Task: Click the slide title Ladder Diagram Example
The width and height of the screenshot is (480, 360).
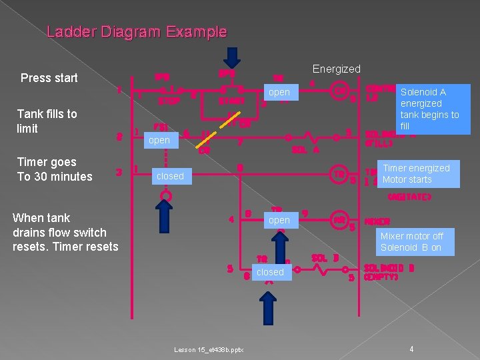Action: click(x=137, y=31)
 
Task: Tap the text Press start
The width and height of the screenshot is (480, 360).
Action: click(x=49, y=78)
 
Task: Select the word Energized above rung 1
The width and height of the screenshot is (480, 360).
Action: click(x=336, y=69)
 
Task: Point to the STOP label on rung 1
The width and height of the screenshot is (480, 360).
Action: click(x=169, y=101)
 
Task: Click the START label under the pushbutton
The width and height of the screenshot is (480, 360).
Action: click(x=232, y=101)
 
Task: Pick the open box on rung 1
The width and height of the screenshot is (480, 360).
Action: click(x=279, y=93)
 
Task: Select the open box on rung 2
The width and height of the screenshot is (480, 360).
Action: click(x=159, y=140)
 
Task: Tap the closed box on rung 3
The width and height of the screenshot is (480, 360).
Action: click(x=170, y=176)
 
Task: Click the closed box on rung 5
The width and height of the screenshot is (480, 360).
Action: click(x=270, y=272)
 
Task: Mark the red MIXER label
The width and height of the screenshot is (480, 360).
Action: click(x=377, y=221)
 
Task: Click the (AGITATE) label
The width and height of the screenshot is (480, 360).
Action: click(x=409, y=197)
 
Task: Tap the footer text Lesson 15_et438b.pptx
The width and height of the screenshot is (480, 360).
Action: click(x=209, y=349)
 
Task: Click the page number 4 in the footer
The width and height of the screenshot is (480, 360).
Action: click(x=412, y=349)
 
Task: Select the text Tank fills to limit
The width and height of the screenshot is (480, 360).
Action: click(x=47, y=121)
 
